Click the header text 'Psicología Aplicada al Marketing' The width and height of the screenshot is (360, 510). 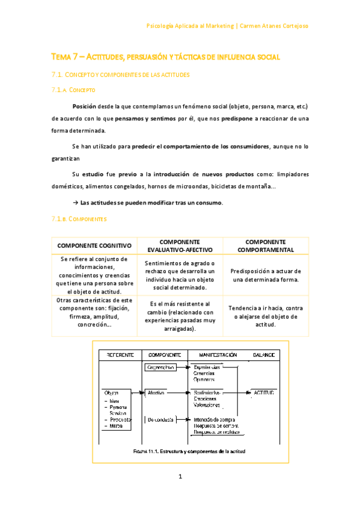(191, 26)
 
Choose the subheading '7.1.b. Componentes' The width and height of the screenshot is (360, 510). (78, 220)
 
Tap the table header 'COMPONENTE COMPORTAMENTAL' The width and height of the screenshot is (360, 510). (265, 245)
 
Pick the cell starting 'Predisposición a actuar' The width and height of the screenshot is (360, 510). (265, 275)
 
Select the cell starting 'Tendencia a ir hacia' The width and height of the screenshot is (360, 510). (265, 316)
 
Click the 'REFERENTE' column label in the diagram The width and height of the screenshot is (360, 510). (120, 355)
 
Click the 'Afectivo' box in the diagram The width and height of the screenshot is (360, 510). (157, 392)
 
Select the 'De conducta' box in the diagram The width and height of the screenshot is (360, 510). (160, 419)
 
